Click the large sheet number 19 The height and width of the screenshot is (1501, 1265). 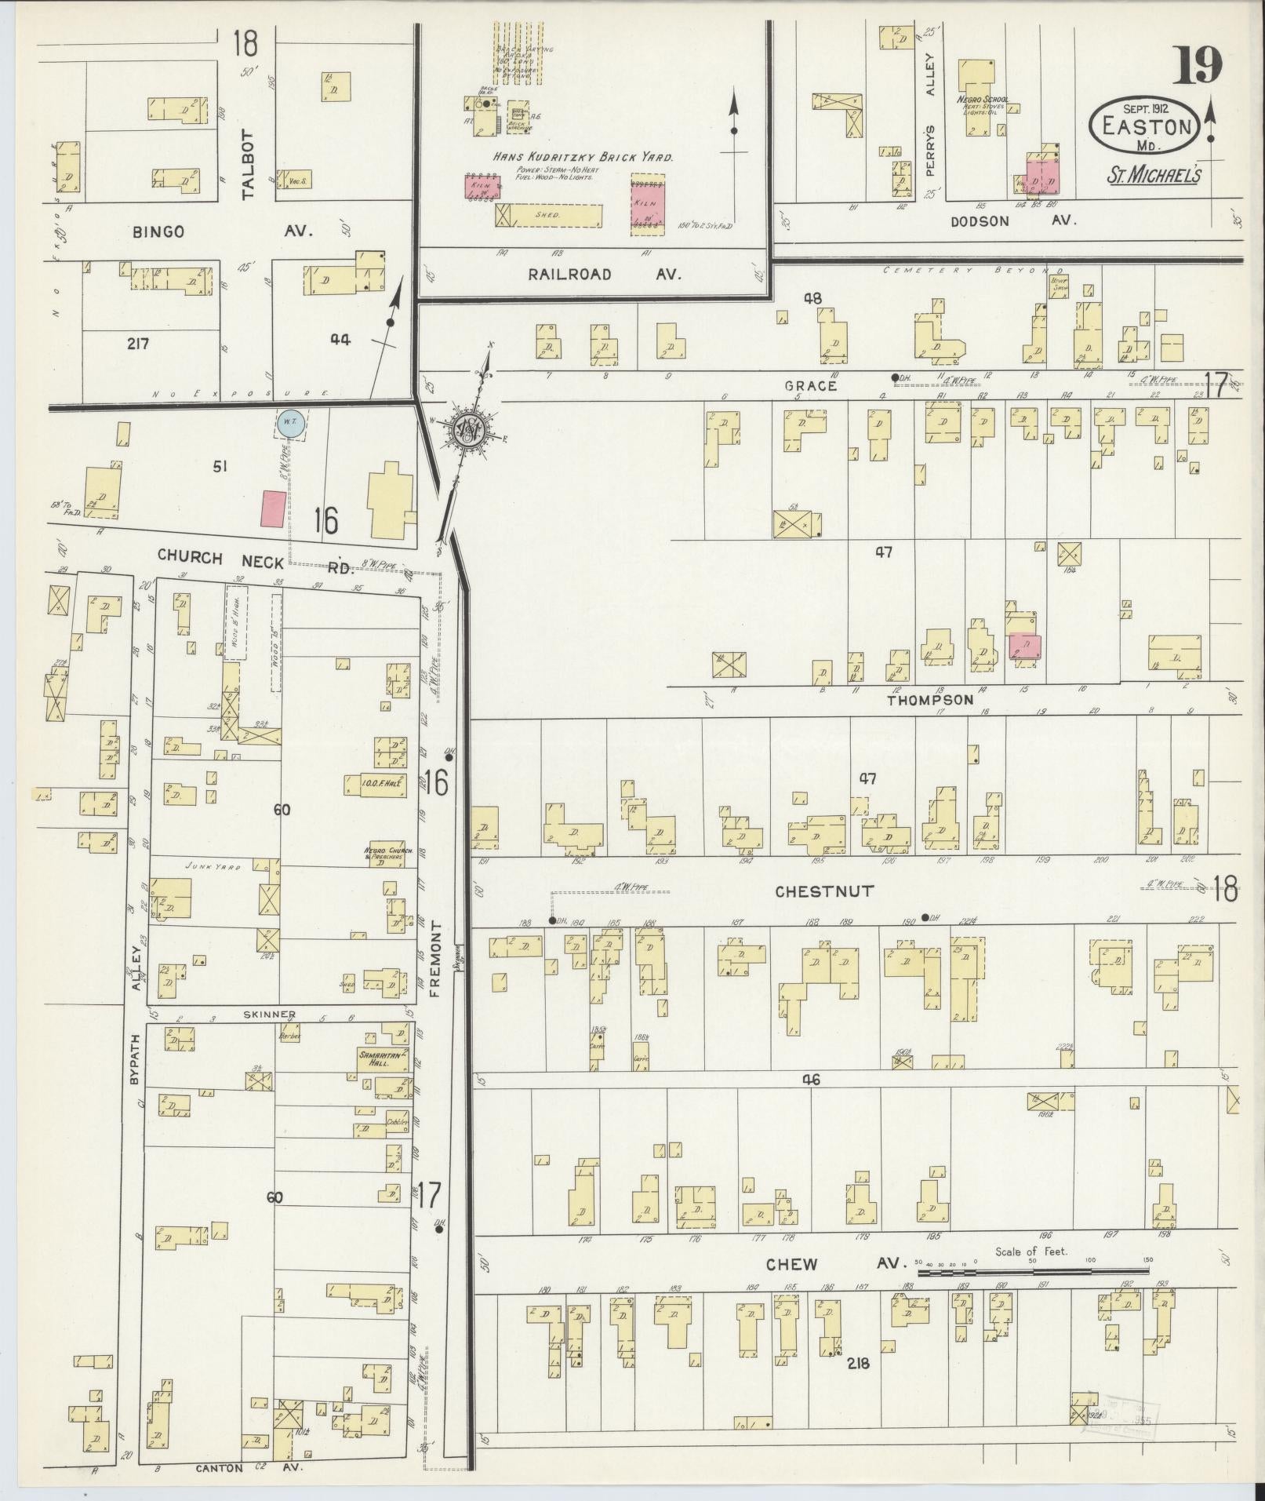pyautogui.click(x=1197, y=66)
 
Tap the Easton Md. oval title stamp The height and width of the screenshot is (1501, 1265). pyautogui.click(x=1143, y=126)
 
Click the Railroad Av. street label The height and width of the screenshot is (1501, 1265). pyautogui.click(x=604, y=275)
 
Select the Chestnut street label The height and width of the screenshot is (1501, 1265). pyautogui.click(x=823, y=891)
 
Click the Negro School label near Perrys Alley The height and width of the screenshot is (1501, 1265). pyautogui.click(x=982, y=100)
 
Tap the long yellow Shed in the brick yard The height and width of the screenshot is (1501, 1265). pyautogui.click(x=548, y=215)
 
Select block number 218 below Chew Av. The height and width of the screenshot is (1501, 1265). pyautogui.click(x=858, y=1364)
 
